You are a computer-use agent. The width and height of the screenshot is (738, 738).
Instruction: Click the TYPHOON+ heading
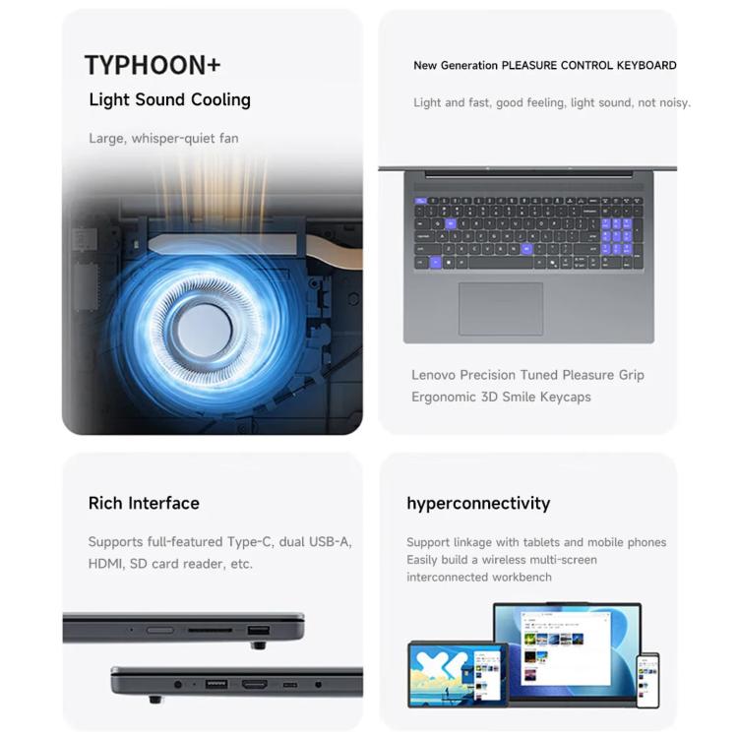point(153,65)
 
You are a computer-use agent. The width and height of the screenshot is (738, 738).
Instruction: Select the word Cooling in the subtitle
point(220,99)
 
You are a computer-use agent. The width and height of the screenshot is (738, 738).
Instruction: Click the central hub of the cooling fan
point(205,330)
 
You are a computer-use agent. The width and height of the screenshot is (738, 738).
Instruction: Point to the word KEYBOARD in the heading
point(646,65)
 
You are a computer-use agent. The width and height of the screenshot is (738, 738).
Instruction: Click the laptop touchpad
point(501,309)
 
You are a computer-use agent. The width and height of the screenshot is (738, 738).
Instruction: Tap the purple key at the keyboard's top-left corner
point(420,201)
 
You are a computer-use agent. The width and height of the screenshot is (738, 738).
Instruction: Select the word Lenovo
point(433,375)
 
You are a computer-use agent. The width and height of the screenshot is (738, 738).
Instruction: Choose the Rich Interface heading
point(144,503)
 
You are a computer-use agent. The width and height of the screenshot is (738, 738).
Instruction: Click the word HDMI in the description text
point(106,564)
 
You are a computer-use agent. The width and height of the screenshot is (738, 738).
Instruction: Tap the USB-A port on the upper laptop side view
point(259,630)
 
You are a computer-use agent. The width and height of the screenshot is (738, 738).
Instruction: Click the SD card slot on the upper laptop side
point(210,630)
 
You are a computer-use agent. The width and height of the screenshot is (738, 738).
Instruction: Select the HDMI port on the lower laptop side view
point(255,684)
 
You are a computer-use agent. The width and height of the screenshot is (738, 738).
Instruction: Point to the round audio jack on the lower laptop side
point(178,684)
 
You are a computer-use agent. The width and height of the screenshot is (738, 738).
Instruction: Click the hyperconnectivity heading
point(478,504)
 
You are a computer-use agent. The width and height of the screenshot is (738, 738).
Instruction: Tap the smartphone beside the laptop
point(647,680)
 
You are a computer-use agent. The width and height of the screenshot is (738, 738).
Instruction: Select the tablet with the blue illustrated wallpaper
point(458,674)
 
